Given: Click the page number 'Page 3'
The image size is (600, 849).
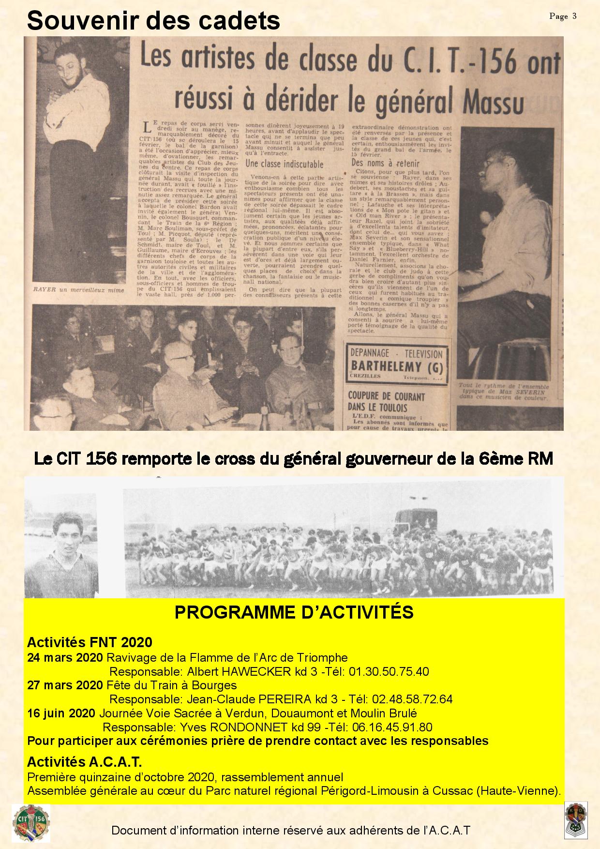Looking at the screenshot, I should coord(563,16).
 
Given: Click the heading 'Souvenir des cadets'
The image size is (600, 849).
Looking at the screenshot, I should coord(153,21).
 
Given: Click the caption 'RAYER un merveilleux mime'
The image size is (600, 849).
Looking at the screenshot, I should coord(78,290).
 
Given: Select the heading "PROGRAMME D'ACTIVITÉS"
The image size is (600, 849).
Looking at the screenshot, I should coord(294,612).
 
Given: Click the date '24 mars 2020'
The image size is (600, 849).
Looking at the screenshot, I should coord(65,658).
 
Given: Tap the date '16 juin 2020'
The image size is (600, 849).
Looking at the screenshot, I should coord(61,713).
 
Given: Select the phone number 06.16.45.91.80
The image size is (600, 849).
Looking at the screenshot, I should coord(392,727).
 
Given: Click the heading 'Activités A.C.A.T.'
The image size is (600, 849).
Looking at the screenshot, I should coord(84,762).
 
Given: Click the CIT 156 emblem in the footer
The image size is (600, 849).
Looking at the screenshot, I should coord(31,822).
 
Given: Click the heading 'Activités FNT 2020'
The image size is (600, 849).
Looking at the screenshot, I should coord(90,642).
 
